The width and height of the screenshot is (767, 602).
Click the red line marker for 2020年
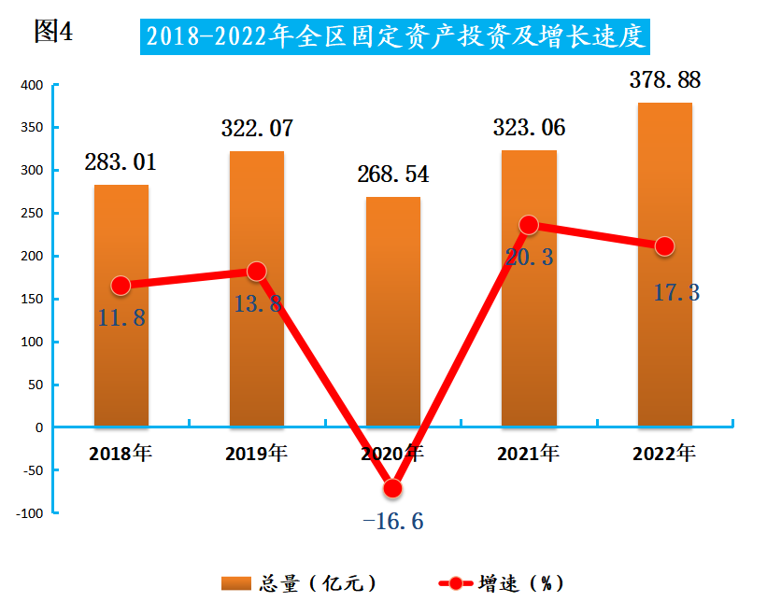click(x=392, y=488)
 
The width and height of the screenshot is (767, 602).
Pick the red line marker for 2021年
click(x=529, y=225)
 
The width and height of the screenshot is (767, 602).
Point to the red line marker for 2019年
click(x=256, y=272)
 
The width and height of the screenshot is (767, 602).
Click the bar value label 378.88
click(x=664, y=80)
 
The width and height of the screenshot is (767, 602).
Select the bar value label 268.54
click(x=392, y=175)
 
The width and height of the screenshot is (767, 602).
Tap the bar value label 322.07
click(x=257, y=129)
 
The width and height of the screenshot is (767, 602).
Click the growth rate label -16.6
click(x=392, y=520)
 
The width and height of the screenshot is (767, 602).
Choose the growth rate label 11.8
click(x=121, y=317)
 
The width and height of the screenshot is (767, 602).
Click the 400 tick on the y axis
click(x=33, y=85)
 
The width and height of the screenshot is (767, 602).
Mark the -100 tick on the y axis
click(x=31, y=513)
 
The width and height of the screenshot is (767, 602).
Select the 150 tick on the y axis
click(x=33, y=300)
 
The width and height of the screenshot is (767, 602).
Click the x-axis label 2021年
click(x=529, y=455)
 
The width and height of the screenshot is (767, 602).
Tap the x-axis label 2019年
click(x=257, y=455)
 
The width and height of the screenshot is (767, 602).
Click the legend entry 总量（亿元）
click(x=299, y=583)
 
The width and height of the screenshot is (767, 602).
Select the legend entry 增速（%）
click(x=502, y=583)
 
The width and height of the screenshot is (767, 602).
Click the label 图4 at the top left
click(x=52, y=32)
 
